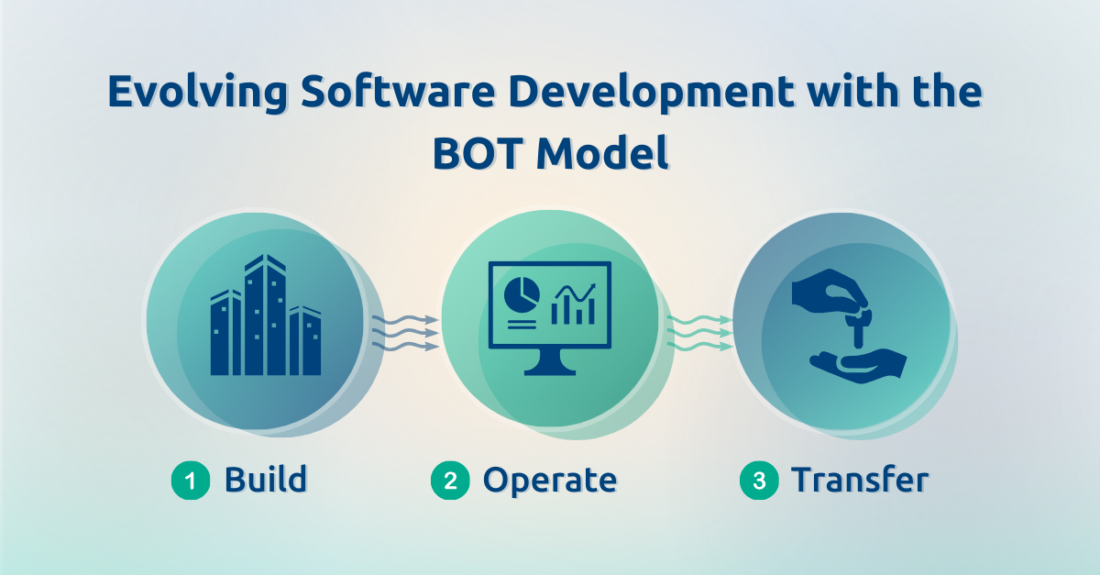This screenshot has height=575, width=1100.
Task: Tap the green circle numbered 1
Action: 190,481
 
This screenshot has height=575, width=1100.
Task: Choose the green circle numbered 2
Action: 449,481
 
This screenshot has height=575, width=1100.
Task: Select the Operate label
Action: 550,480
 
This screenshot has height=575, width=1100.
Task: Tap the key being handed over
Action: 858,326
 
